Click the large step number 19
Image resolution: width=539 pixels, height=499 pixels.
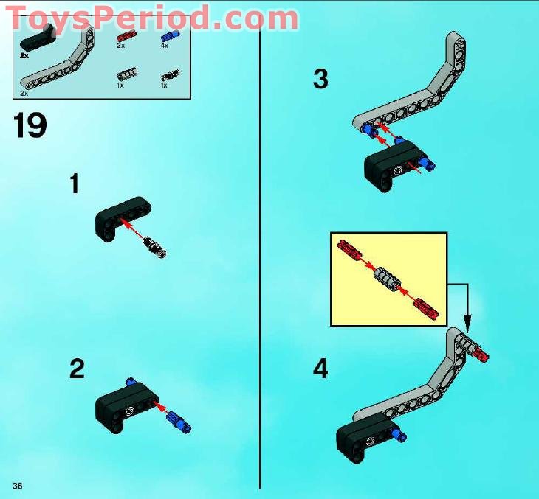point(30,125)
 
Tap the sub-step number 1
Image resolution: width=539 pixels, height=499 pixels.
point(75,183)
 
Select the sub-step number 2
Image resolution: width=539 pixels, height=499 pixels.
point(77,369)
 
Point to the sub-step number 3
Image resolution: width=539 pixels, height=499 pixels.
point(320,79)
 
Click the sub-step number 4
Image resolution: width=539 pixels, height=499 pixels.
point(320,369)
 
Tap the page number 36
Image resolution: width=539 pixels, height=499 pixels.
point(18,484)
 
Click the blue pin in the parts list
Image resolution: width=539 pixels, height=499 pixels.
point(166,36)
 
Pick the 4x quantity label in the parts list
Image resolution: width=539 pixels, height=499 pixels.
point(164,46)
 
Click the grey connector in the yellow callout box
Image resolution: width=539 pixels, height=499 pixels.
point(387,280)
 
